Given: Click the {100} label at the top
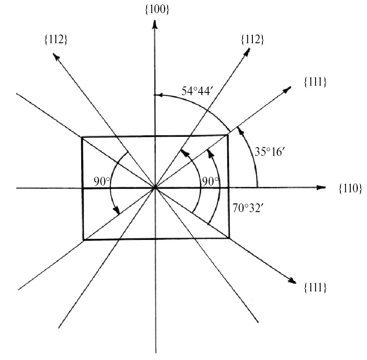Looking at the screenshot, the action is [157, 10].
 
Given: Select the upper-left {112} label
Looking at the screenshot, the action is [56, 40].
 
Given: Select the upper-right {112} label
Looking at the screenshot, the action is [252, 40].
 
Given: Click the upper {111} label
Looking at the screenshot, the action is [315, 82].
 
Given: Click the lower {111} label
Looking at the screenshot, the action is [315, 288].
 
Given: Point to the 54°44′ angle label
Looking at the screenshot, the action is [197, 91].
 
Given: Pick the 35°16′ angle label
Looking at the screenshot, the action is [270, 152].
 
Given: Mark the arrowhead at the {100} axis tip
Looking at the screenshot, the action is [155, 25].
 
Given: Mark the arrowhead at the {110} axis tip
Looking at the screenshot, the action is [321, 187].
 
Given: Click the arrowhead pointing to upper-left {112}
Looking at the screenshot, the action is [56, 56].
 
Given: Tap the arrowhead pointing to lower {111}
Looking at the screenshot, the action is [292, 281].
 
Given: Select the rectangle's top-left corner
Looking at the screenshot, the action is [82, 137].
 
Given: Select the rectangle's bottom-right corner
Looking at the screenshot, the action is [229, 238].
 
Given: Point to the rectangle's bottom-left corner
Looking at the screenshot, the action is [84, 240].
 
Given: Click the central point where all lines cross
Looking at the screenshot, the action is [155, 188].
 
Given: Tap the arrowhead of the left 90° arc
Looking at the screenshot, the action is [117, 210].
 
